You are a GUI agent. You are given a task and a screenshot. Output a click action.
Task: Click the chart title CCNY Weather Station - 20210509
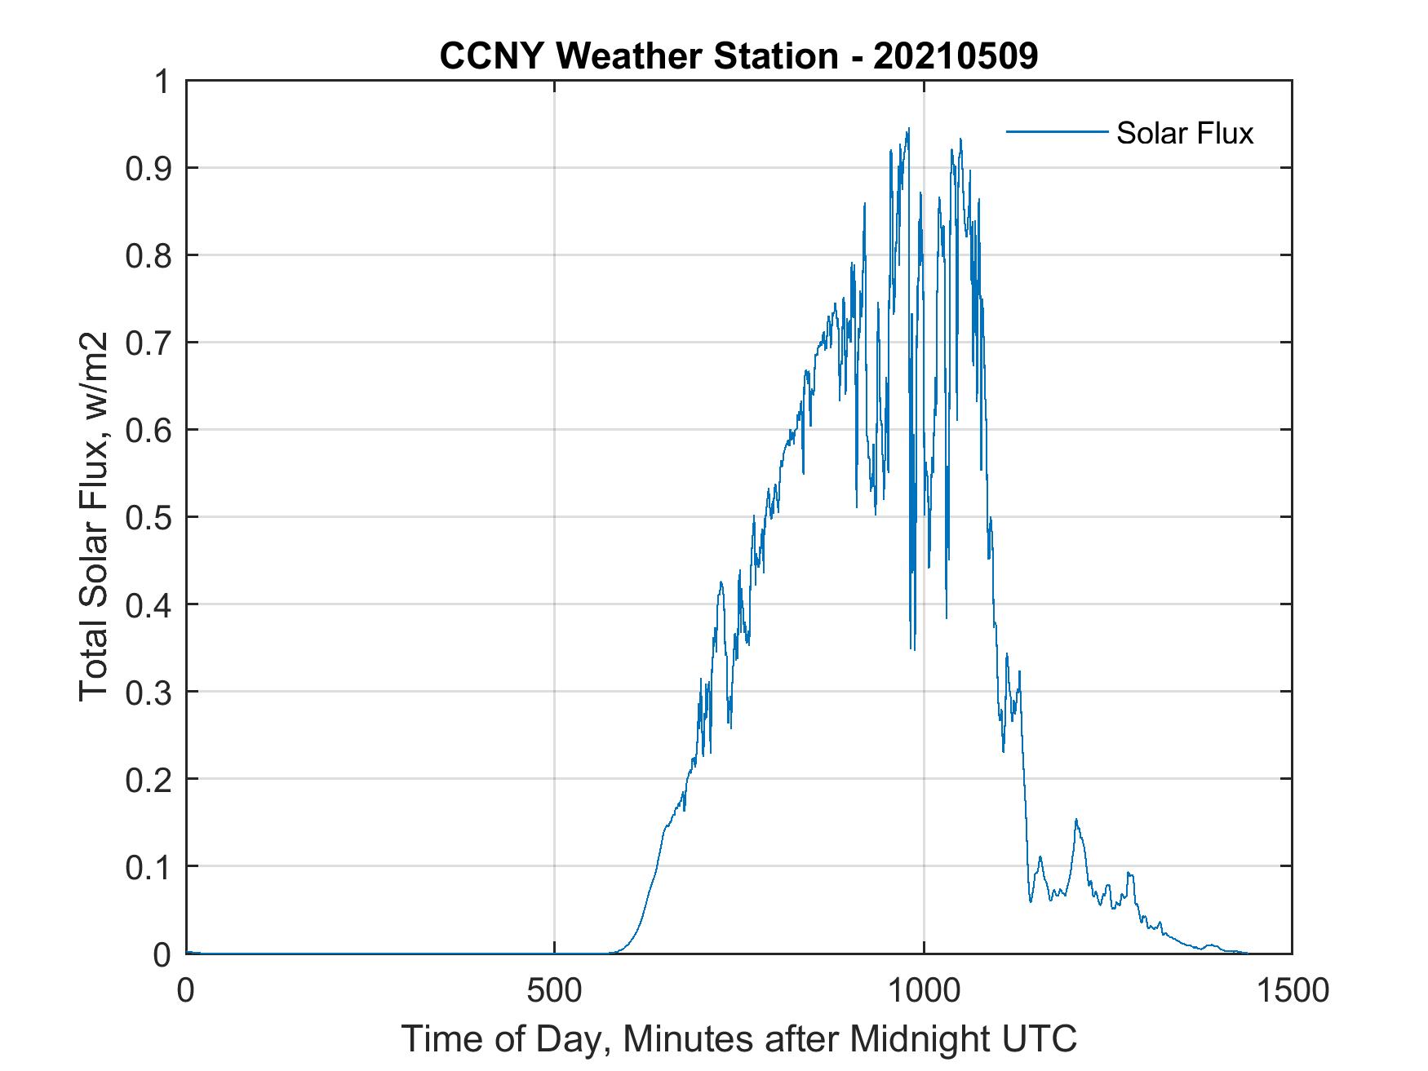coord(738,56)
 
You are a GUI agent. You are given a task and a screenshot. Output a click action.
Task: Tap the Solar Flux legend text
coord(1184,133)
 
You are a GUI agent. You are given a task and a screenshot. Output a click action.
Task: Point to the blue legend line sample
coord(1056,131)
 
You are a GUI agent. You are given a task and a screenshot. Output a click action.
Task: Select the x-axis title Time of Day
coord(738,1039)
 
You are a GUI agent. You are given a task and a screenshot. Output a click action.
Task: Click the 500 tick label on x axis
coord(555,991)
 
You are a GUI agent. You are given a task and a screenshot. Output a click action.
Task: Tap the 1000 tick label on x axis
coord(924,991)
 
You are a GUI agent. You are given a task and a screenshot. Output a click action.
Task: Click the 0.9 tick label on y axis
coord(145,168)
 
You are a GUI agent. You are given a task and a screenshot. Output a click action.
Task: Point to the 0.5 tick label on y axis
coord(145,517)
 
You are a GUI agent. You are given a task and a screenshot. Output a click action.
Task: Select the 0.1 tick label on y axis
coord(145,866)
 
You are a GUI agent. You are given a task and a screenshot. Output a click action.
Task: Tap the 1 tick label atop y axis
coord(162,82)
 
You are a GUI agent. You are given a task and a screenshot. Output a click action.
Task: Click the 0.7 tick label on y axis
coord(145,343)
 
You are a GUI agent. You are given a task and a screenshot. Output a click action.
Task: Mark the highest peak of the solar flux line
coord(907,129)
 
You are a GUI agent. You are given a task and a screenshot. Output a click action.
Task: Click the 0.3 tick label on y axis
coord(145,692)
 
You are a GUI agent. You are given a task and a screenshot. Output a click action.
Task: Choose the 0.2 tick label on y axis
coord(145,779)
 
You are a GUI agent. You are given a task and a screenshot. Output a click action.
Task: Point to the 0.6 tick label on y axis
coord(145,430)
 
